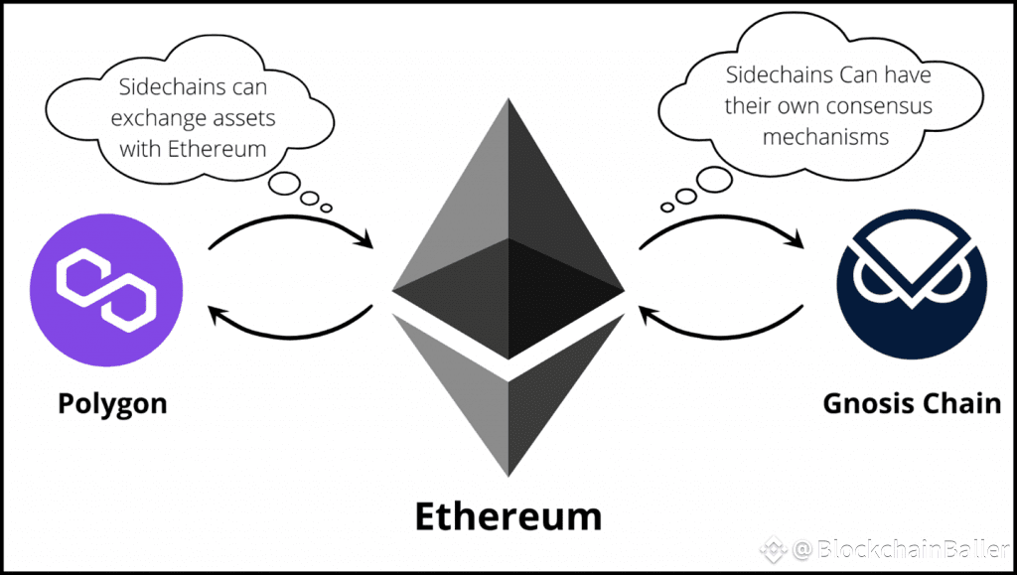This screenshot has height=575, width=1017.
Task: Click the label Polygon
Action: coord(112,404)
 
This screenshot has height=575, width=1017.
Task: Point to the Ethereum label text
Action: coord(508,516)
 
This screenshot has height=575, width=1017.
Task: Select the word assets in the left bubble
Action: coord(240,119)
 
